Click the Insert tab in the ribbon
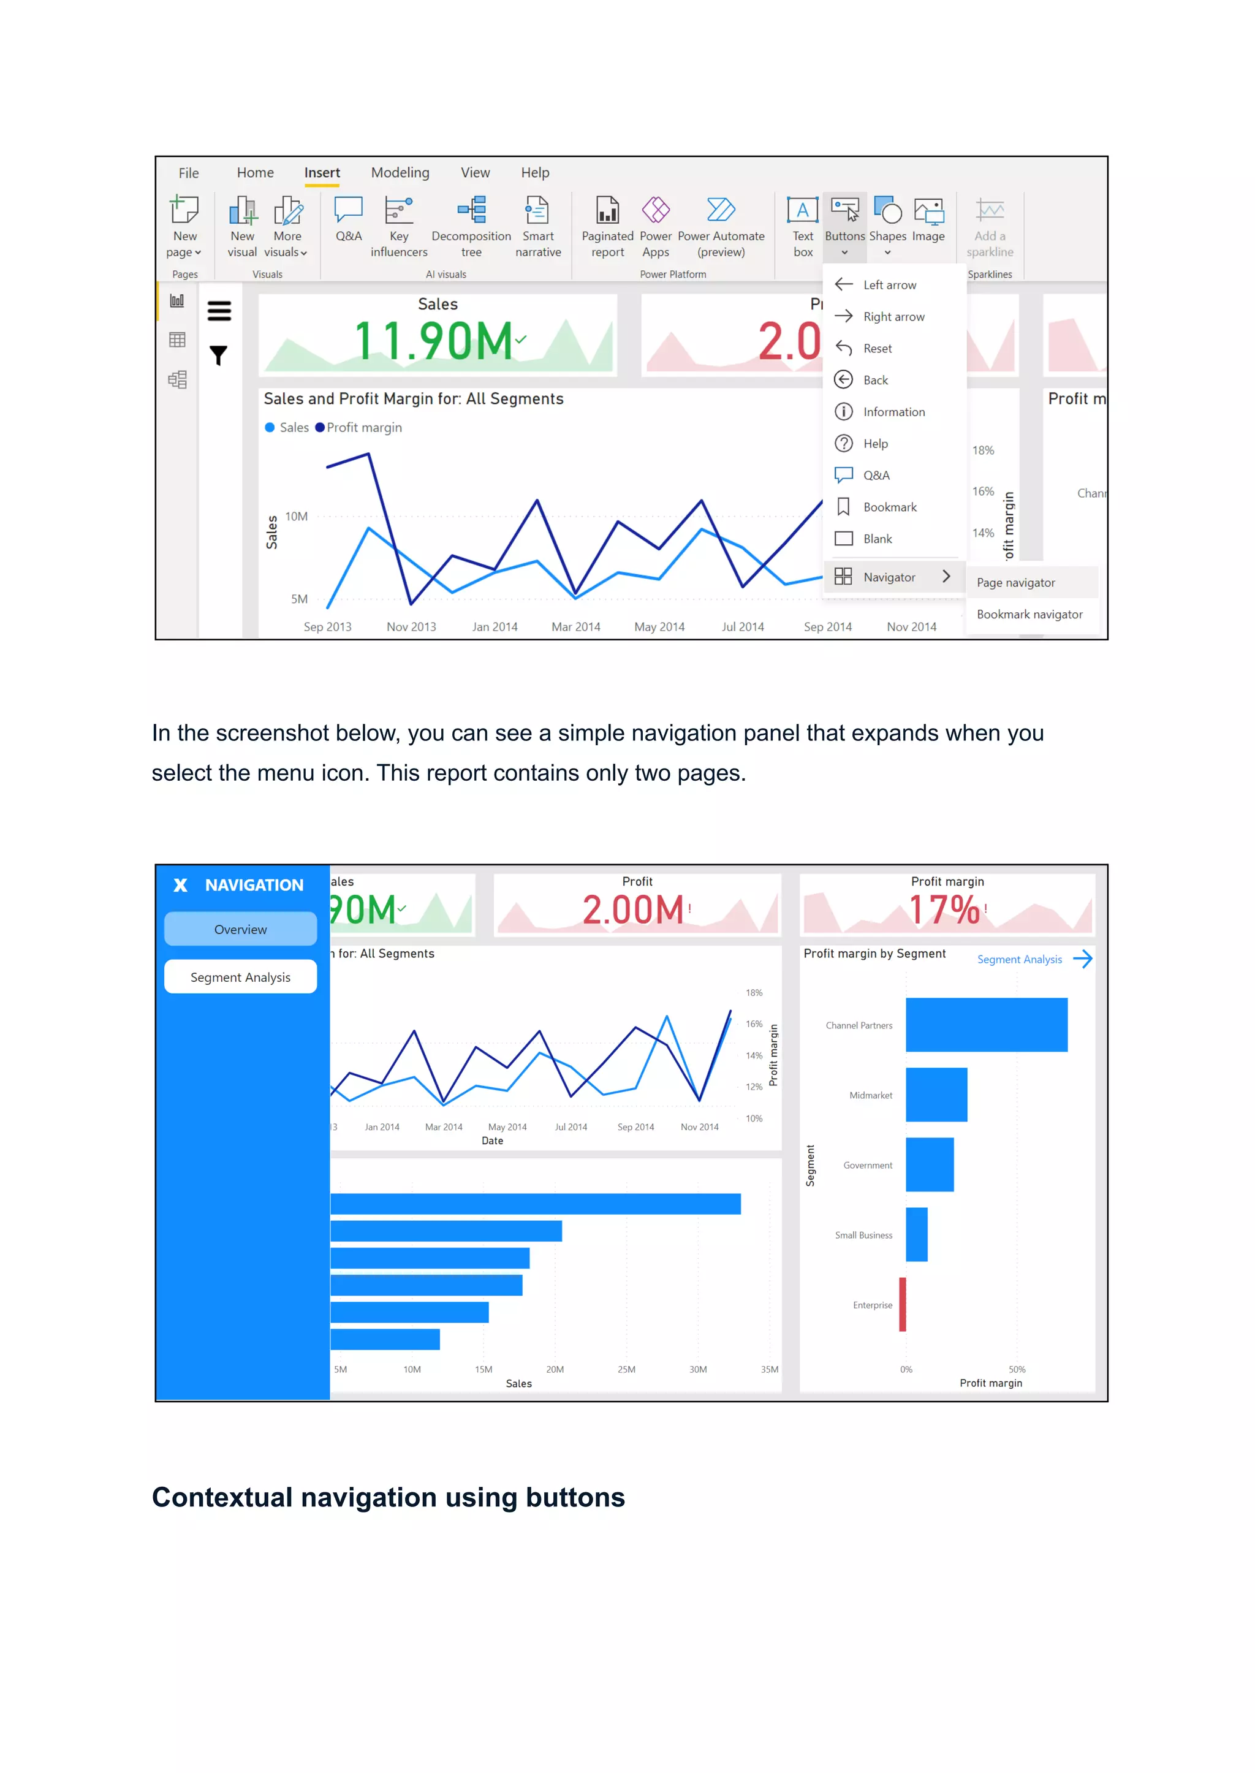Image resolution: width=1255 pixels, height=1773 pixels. [322, 173]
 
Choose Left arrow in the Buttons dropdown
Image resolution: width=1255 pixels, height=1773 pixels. [889, 285]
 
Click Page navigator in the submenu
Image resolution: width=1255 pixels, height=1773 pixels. [1015, 583]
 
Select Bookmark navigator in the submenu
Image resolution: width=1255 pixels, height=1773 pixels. [1029, 615]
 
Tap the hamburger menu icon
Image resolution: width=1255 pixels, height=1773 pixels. [219, 311]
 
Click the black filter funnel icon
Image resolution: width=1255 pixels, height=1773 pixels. [219, 355]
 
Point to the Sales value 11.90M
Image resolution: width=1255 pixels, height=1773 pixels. [433, 341]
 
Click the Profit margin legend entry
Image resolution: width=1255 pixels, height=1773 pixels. [363, 427]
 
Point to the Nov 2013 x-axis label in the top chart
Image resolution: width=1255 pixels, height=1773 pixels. [411, 627]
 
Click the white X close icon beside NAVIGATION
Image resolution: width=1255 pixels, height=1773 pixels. [181, 885]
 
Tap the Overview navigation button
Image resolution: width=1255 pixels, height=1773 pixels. [240, 929]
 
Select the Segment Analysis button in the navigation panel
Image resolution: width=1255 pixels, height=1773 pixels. [240, 977]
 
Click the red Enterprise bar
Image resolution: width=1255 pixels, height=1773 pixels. [902, 1305]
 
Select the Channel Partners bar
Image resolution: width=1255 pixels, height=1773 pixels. [986, 1025]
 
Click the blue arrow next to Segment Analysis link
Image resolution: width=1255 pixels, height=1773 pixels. [1083, 959]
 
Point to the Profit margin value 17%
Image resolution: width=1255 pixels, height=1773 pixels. [944, 909]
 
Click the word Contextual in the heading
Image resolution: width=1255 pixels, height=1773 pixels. [222, 1498]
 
